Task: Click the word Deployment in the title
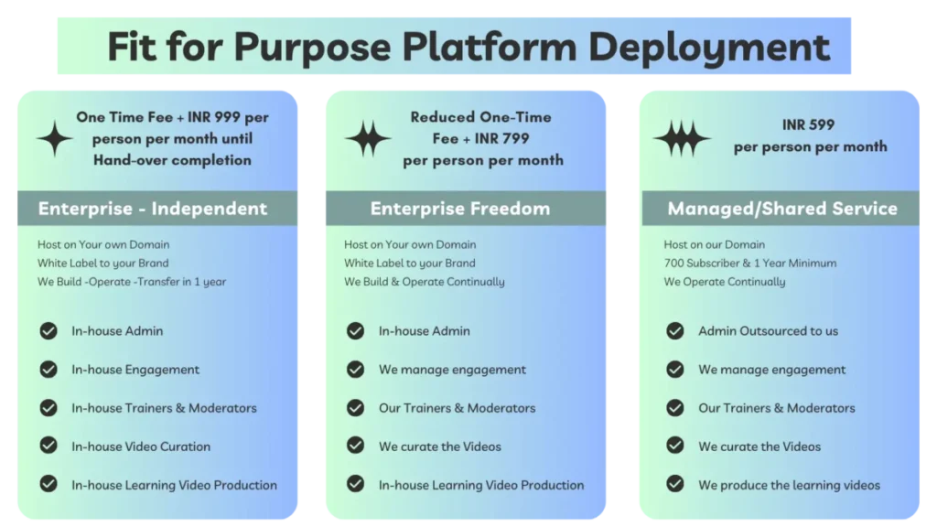[709, 48]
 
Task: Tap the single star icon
[55, 139]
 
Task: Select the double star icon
[368, 139]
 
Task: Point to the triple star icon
[682, 139]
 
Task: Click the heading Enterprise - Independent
[153, 209]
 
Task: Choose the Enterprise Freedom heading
[460, 209]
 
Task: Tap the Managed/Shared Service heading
[782, 209]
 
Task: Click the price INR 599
[808, 124]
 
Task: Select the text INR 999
[214, 117]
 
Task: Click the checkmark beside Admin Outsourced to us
[675, 331]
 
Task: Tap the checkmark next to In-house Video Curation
[48, 446]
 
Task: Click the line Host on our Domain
[714, 244]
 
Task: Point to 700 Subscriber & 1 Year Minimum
[750, 263]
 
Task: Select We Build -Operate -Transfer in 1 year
[132, 282]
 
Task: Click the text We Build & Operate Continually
[425, 282]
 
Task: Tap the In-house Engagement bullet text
[135, 370]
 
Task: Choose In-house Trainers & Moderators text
[165, 408]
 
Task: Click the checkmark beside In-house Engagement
[48, 370]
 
